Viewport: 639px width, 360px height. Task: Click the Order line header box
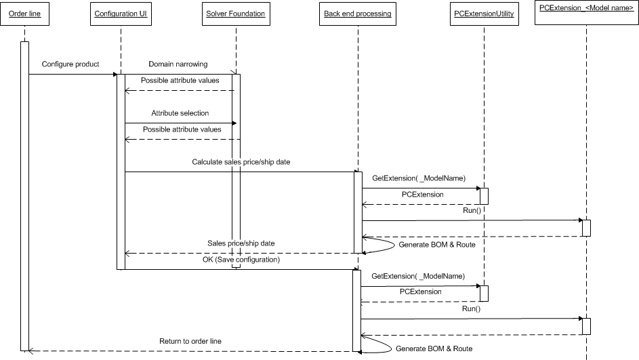pyautogui.click(x=24, y=14)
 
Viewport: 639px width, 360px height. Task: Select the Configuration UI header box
pyautogui.click(x=121, y=14)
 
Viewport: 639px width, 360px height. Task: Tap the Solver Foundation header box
pyautogui.click(x=235, y=14)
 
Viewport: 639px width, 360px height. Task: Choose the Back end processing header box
pyautogui.click(x=357, y=14)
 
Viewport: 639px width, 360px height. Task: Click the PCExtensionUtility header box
pyautogui.click(x=484, y=14)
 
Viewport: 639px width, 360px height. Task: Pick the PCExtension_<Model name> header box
pyautogui.click(x=586, y=13)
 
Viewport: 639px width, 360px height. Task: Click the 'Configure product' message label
pyautogui.click(x=70, y=64)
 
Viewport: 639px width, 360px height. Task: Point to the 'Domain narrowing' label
pyautogui.click(x=178, y=64)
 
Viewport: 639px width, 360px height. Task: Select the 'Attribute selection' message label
pyautogui.click(x=180, y=113)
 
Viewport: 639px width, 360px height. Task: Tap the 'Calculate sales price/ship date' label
pyautogui.click(x=241, y=161)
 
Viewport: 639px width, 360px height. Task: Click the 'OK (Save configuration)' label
pyautogui.click(x=241, y=260)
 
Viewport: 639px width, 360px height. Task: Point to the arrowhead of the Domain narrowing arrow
pyautogui.click(x=233, y=74)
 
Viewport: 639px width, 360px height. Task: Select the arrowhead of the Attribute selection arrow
pyautogui.click(x=233, y=123)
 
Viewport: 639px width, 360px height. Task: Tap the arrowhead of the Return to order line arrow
pyautogui.click(x=29, y=351)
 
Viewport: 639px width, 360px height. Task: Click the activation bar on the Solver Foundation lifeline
pyautogui.click(x=236, y=169)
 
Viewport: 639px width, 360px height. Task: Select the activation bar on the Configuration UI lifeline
pyautogui.click(x=121, y=169)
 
